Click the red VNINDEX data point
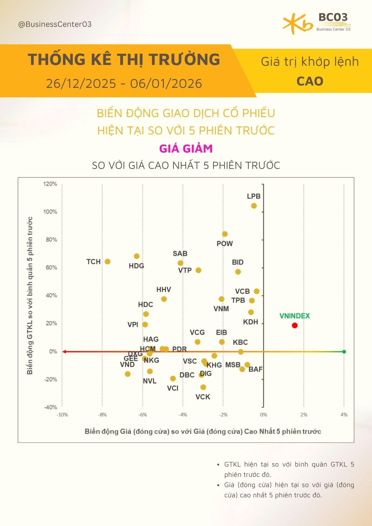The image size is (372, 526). (x=295, y=325)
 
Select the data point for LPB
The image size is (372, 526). (x=254, y=206)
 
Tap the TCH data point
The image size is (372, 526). (x=107, y=261)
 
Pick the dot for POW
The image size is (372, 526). (x=225, y=234)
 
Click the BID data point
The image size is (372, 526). (x=238, y=272)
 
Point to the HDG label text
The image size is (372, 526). (x=136, y=266)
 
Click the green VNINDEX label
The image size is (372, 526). (x=295, y=316)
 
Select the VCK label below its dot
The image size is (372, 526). (x=203, y=397)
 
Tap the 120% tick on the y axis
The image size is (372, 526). (x=50, y=184)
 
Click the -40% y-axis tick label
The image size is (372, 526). (x=50, y=407)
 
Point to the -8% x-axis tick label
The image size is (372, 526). (x=102, y=415)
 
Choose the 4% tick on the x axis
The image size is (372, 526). (x=344, y=415)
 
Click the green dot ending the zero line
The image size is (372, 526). (x=344, y=352)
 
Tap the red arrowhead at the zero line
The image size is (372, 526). (x=63, y=352)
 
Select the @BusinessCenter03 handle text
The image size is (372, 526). (x=55, y=24)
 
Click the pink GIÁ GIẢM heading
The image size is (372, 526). (x=186, y=149)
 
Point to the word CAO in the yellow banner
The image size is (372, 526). (x=310, y=81)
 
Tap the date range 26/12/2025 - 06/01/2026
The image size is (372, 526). (x=124, y=84)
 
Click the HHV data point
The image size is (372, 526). (x=164, y=299)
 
